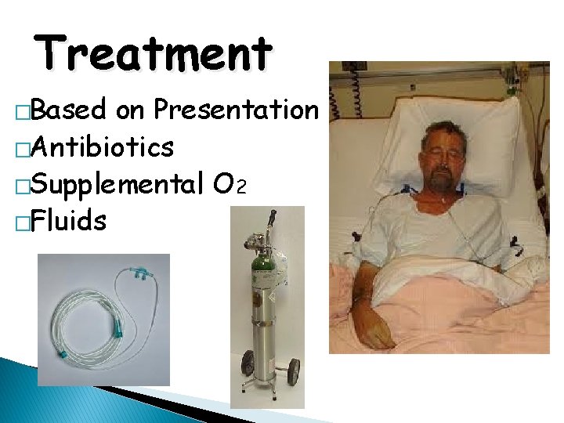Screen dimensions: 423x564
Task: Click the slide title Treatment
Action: point(154,52)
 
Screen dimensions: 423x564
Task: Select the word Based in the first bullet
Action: point(71,110)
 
